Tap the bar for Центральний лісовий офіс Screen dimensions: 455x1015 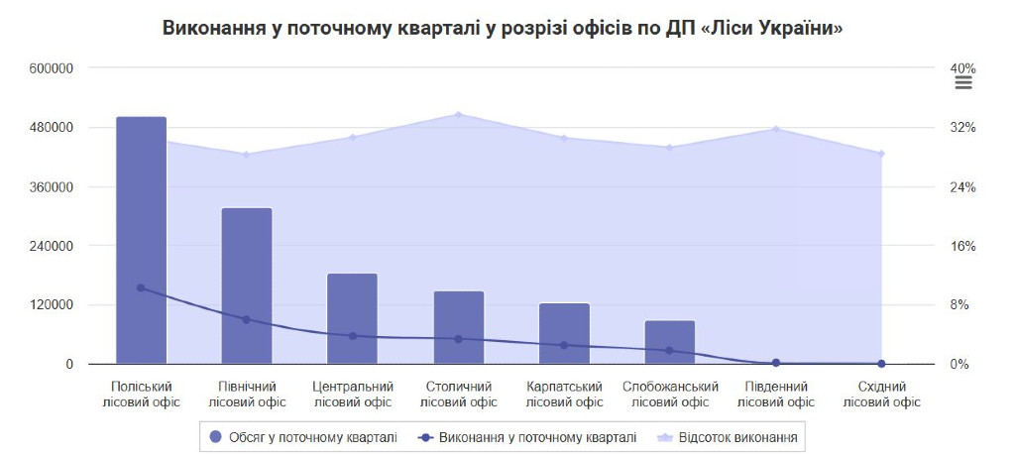pos(352,318)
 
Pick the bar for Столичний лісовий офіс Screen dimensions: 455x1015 pos(458,327)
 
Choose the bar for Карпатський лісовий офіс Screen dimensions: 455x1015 pos(564,333)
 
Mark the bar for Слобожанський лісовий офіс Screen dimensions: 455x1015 pos(670,342)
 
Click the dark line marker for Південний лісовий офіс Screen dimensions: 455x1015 pos(776,363)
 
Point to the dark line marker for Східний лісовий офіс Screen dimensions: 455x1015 pos(881,364)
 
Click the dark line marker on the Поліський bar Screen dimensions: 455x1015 pos(141,287)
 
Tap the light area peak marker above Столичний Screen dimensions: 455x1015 pos(458,115)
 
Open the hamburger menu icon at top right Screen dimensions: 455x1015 pos(962,83)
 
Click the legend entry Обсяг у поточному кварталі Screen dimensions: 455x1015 pos(303,436)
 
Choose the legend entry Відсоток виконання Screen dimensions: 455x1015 pos(729,436)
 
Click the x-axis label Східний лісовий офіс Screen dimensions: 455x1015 pos(881,395)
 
